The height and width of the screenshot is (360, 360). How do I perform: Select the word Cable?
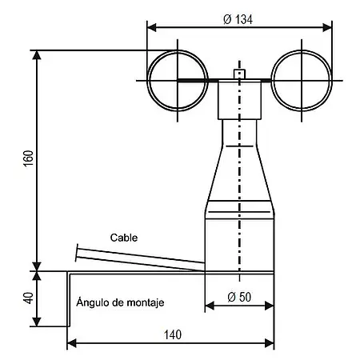[x=125, y=238]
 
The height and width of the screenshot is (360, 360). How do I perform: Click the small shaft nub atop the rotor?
[x=238, y=74]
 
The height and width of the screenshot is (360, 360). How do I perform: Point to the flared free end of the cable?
[x=78, y=254]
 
